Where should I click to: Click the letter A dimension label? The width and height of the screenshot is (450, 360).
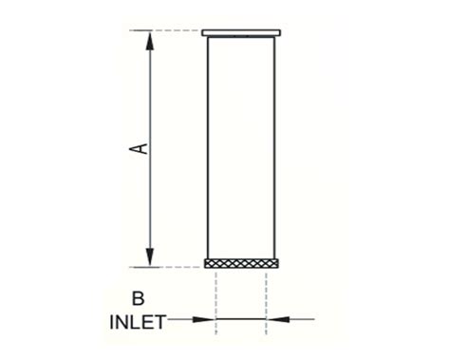coord(139,148)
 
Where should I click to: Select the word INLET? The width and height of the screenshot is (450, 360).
coord(136,321)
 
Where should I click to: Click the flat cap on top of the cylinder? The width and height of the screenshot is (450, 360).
coord(242,33)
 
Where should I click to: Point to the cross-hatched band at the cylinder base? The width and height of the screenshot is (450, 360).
coord(242,263)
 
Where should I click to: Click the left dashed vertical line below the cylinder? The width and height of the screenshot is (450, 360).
coord(216,299)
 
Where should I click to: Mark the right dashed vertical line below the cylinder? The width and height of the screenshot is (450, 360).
coord(267,299)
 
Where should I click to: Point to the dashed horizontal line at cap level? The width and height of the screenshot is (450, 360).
coord(176,32)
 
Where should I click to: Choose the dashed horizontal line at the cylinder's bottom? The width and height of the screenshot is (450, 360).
coord(176,268)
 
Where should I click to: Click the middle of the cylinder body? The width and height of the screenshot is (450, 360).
coord(242,147)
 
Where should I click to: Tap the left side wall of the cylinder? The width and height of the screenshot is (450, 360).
coord(208,147)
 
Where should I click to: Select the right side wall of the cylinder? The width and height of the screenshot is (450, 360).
coord(275,147)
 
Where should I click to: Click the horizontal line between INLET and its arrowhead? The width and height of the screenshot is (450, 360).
coord(183,320)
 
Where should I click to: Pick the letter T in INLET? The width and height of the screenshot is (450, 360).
coord(161,321)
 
